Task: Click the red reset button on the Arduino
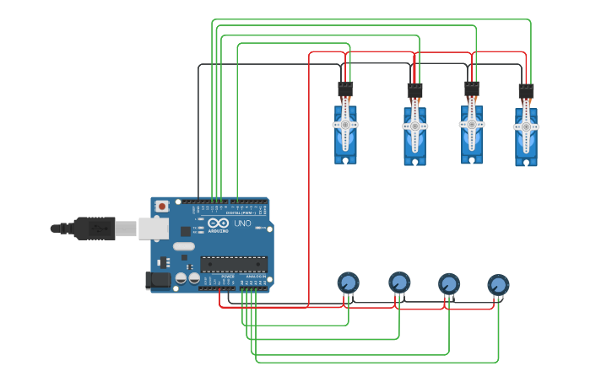tap(161, 206)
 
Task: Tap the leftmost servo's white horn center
tap(345, 125)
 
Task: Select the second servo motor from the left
tap(414, 135)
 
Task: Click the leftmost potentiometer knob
tap(348, 282)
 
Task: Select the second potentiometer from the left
tap(399, 282)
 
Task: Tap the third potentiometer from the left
tap(449, 283)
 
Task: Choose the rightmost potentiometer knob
tap(498, 285)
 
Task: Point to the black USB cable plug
tap(94, 228)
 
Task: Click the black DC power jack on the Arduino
tap(157, 281)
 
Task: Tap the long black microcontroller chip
tap(234, 264)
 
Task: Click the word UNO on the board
tap(242, 223)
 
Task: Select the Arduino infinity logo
tap(217, 223)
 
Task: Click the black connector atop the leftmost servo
tap(345, 89)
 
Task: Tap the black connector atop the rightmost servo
tap(526, 91)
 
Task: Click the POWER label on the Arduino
tap(228, 277)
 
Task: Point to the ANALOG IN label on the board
tap(255, 277)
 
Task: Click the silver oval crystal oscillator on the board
tap(183, 247)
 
